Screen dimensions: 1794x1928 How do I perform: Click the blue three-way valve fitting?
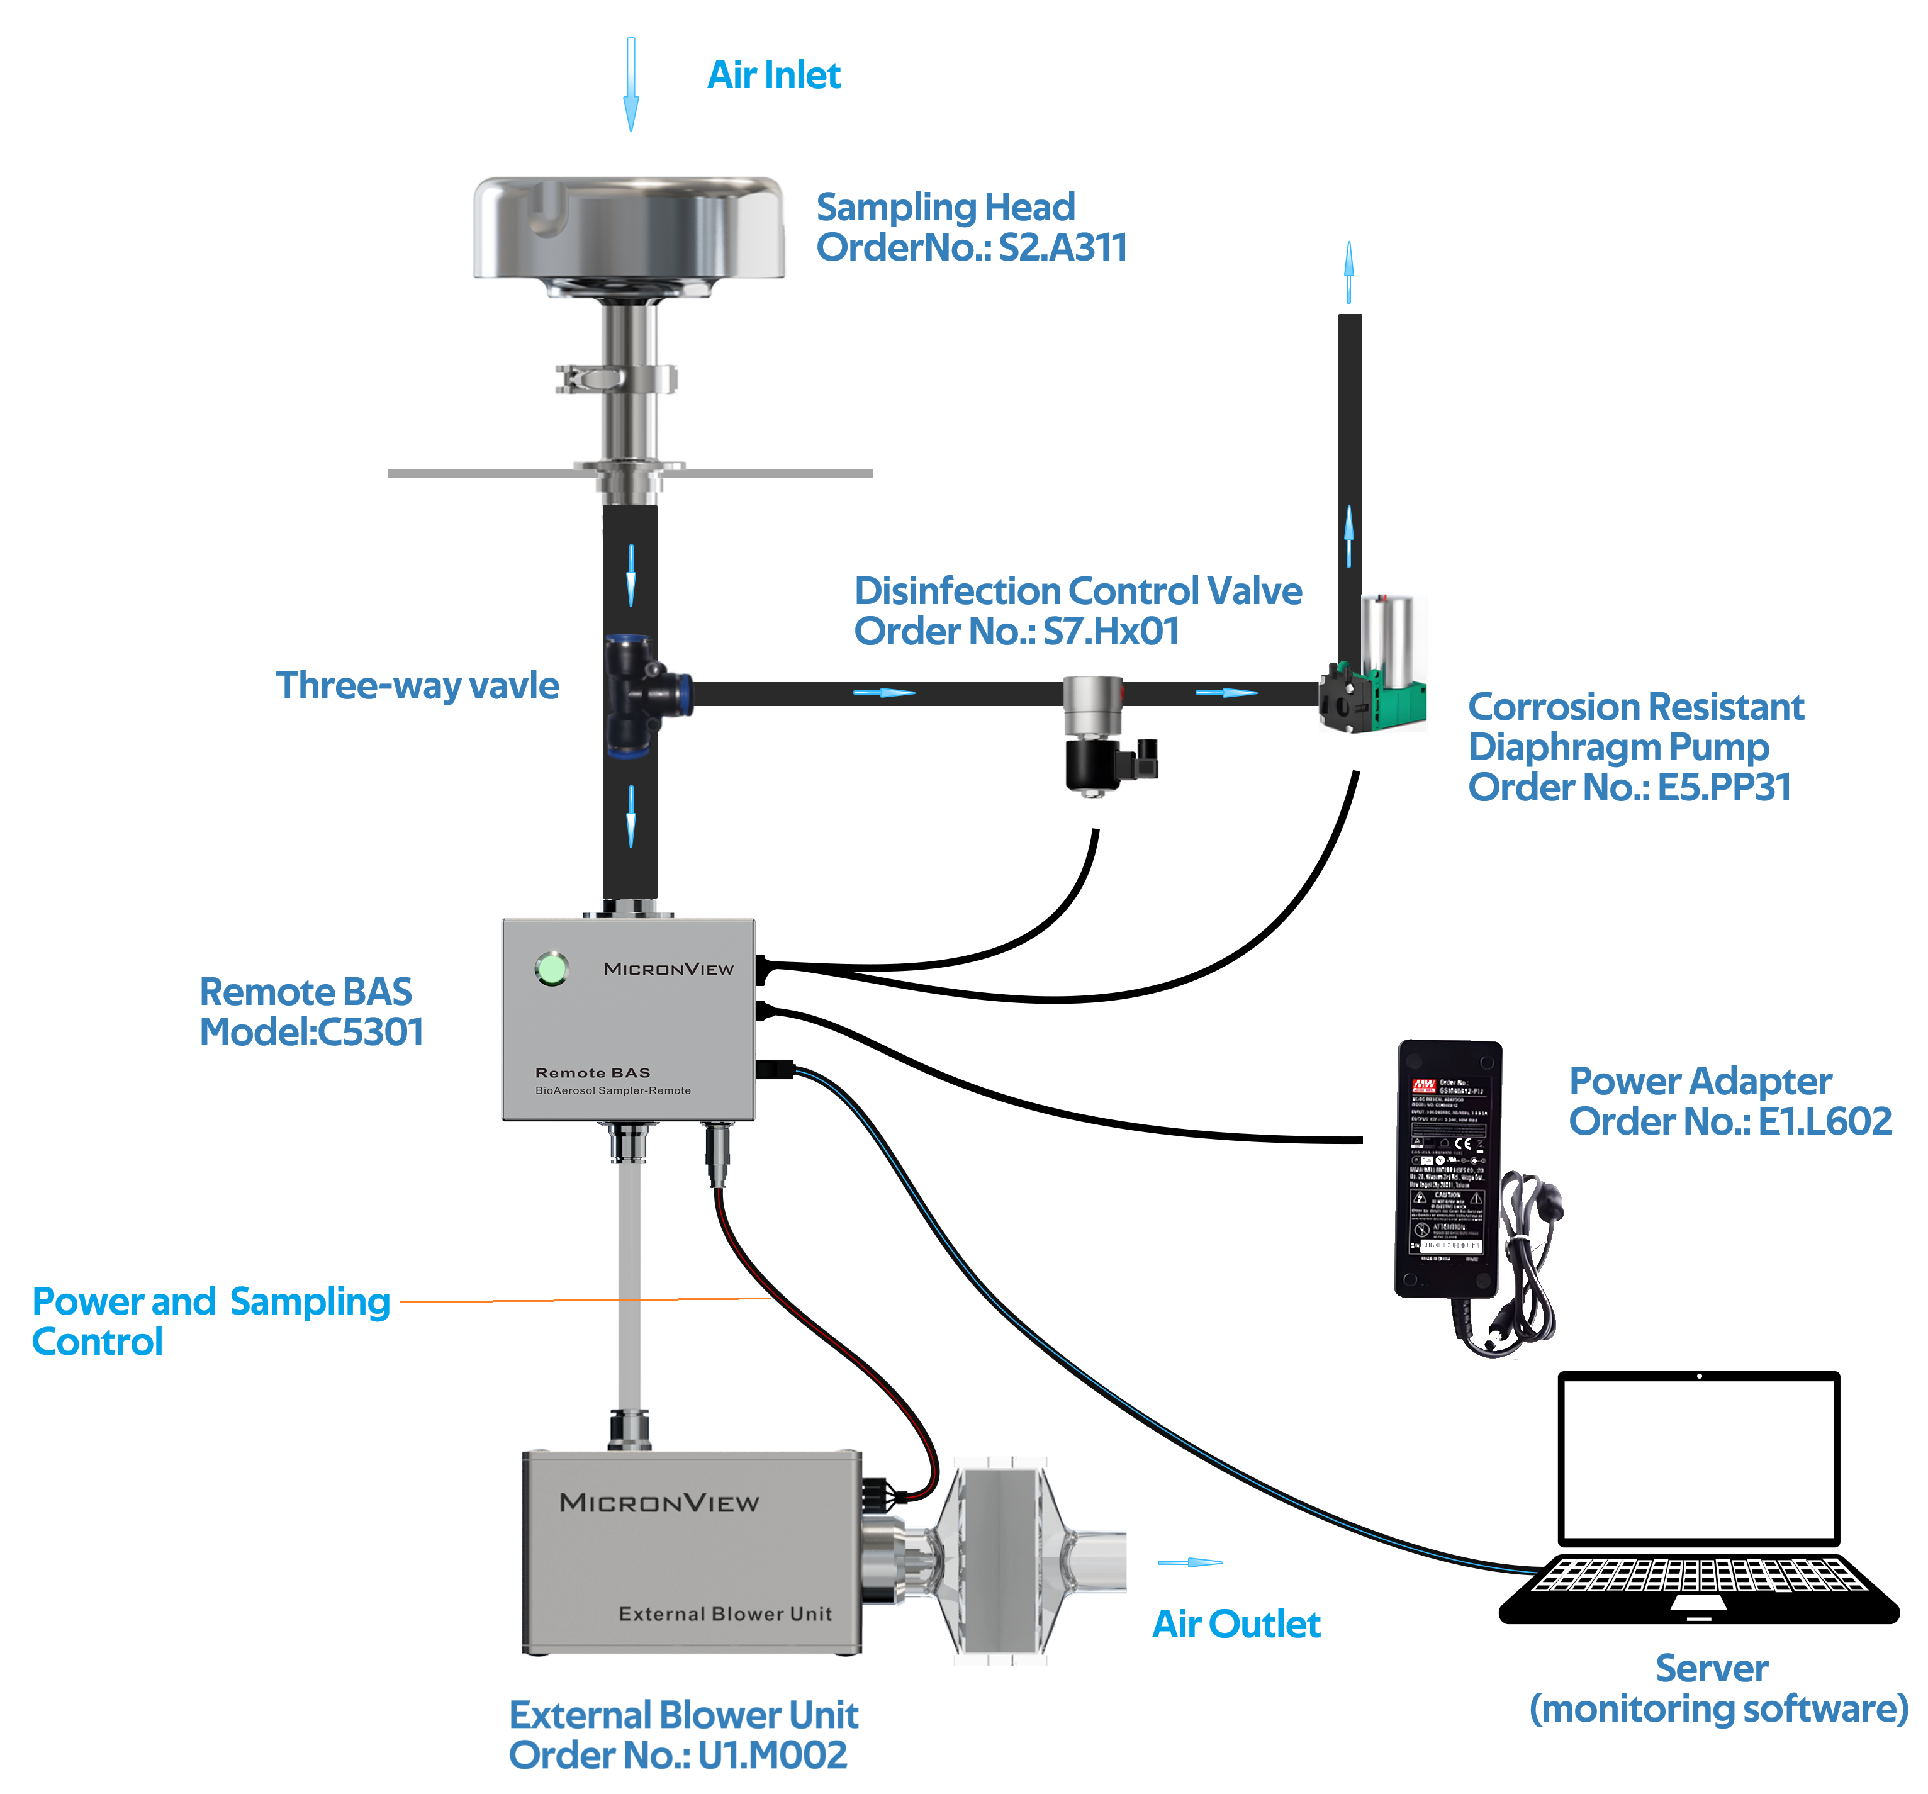pyautogui.click(x=639, y=693)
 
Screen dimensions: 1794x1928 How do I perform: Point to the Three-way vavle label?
pyautogui.click(x=417, y=686)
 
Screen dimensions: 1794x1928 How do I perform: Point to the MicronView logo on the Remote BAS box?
pyautogui.click(x=668, y=969)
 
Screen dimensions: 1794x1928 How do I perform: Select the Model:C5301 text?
pyautogui.click(x=311, y=1033)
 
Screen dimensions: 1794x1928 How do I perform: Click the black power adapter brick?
pyautogui.click(x=1448, y=1169)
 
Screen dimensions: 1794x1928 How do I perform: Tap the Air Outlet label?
pyautogui.click(x=1236, y=1624)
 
